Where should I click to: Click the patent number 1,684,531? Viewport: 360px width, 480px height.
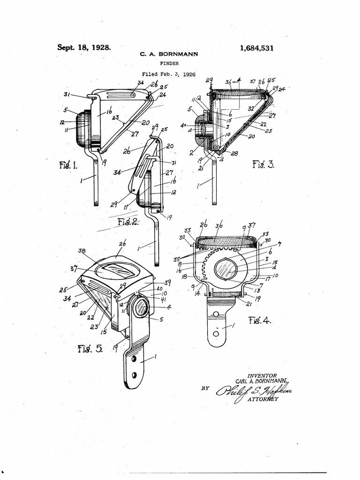tap(256, 48)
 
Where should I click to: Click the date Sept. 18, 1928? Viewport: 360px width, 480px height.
tap(84, 47)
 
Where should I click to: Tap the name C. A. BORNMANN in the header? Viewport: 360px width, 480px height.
tap(169, 54)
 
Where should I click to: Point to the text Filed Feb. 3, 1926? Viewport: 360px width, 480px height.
tap(169, 74)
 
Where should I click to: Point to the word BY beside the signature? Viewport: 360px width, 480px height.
tap(205, 388)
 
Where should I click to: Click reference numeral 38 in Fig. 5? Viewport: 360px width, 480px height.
tap(82, 251)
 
